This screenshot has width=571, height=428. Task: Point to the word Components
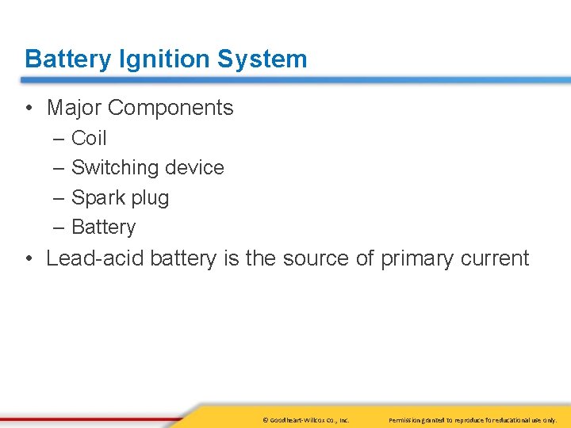[172, 108]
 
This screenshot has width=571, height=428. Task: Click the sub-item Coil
[89, 138]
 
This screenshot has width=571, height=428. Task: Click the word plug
[151, 197]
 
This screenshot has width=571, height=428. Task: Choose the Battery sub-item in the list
[103, 227]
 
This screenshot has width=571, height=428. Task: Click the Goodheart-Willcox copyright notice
[305, 420]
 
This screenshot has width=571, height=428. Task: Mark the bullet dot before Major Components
[29, 109]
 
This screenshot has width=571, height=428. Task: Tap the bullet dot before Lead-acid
[29, 259]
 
